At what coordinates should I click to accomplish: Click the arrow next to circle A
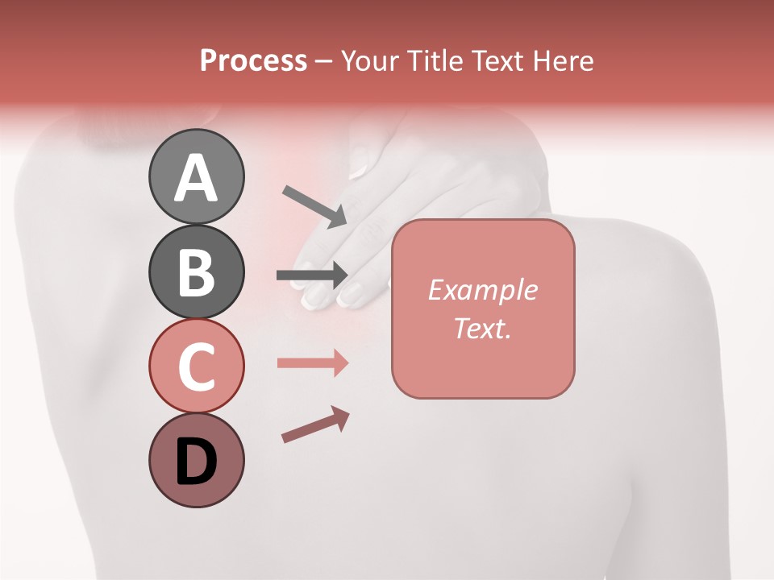click(x=314, y=206)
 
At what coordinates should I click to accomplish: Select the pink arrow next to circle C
click(x=313, y=363)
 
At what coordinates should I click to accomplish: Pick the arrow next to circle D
click(x=316, y=425)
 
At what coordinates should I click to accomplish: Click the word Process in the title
click(x=253, y=60)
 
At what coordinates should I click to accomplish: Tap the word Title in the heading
click(x=432, y=60)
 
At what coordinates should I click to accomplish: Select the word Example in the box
click(x=482, y=290)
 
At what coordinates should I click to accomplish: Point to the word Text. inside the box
click(x=482, y=328)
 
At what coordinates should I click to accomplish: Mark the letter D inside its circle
click(x=196, y=463)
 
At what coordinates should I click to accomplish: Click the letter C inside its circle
click(x=196, y=367)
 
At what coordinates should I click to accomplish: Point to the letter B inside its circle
click(x=196, y=272)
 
